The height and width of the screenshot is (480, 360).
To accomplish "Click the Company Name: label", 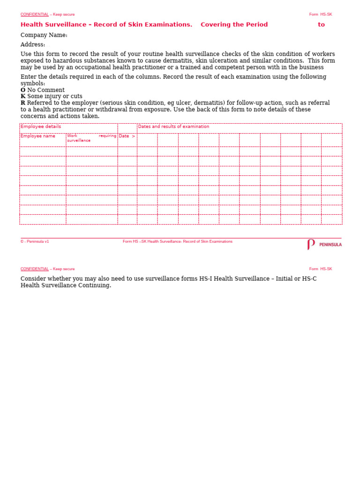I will click(x=44, y=35).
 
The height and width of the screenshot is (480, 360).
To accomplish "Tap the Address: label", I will click(x=33, y=45).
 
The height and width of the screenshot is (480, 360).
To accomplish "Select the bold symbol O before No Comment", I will click(x=23, y=90).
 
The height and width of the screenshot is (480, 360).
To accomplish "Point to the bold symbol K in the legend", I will click(x=23, y=97).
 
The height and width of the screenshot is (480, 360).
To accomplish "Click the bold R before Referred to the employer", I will click(x=23, y=103).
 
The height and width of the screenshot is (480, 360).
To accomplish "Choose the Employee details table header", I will click(x=41, y=127).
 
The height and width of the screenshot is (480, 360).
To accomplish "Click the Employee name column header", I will click(x=38, y=136).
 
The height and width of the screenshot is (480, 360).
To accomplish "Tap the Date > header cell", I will click(x=127, y=136).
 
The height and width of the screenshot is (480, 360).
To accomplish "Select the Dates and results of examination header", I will click(x=173, y=127).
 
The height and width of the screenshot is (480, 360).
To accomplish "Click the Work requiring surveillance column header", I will click(x=91, y=138).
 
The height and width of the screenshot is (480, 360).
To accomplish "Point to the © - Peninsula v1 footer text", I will click(x=35, y=242).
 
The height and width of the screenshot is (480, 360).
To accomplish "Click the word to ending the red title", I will click(x=321, y=25).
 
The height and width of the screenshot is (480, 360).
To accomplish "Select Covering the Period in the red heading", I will click(x=234, y=25).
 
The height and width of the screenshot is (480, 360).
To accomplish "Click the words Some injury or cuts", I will click(x=55, y=97).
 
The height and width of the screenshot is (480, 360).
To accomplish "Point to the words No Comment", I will click(x=46, y=90).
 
